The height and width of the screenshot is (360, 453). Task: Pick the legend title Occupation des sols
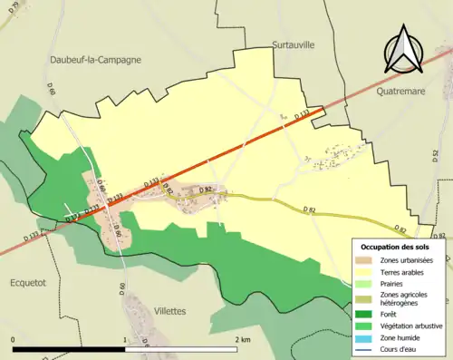pyautogui.click(x=395, y=247)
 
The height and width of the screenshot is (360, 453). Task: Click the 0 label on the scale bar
pyautogui.click(x=13, y=339)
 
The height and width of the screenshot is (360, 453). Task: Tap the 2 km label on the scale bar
pyautogui.click(x=242, y=339)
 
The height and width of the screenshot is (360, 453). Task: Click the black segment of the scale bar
pyautogui.click(x=68, y=349)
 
